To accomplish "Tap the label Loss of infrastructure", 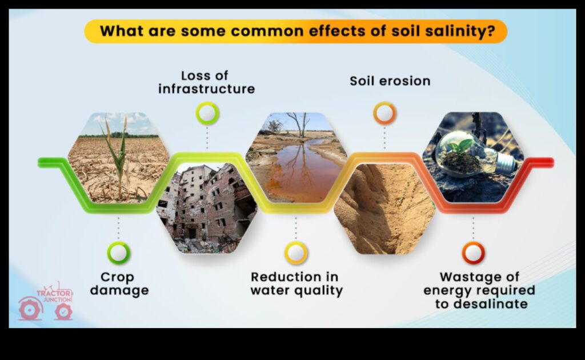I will tap(206, 82).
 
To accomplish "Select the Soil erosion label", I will tap(390, 81).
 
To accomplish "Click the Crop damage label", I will tap(119, 284).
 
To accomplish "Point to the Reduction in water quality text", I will tap(296, 284).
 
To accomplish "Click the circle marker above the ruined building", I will tap(207, 113).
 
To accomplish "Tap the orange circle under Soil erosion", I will tap(384, 113).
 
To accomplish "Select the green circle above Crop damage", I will tap(119, 253).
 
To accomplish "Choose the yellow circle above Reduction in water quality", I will tap(296, 253).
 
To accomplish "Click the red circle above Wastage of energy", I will tap(473, 253).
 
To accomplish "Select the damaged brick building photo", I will tap(207, 209).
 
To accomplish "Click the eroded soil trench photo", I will tap(384, 209).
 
